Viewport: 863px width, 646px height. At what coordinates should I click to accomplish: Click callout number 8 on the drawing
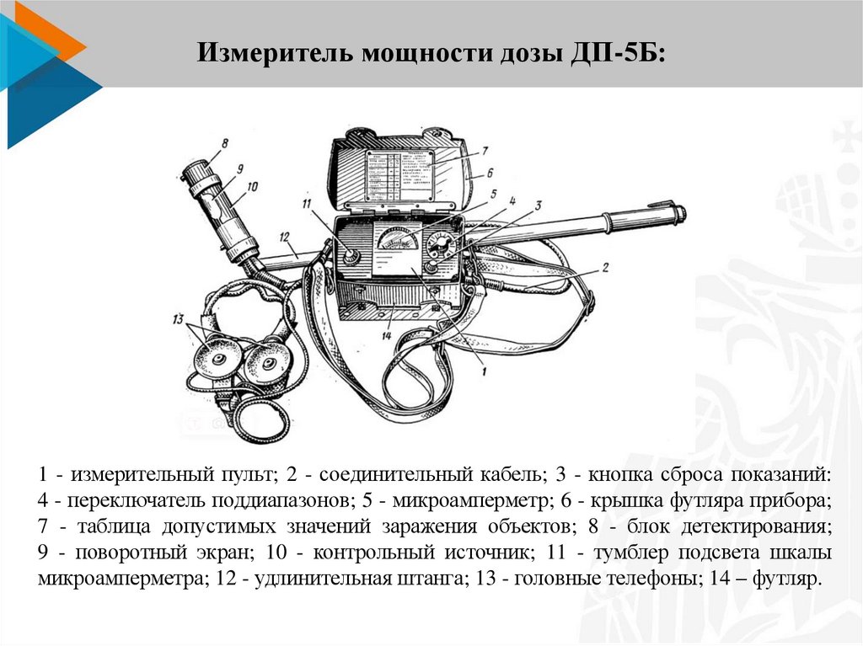223,144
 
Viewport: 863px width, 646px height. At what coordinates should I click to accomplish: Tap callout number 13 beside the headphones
177,319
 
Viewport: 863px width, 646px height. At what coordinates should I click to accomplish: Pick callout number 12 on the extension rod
285,237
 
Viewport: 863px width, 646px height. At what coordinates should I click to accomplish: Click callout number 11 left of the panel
307,204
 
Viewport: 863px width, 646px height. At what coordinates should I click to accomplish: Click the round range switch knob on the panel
439,248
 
